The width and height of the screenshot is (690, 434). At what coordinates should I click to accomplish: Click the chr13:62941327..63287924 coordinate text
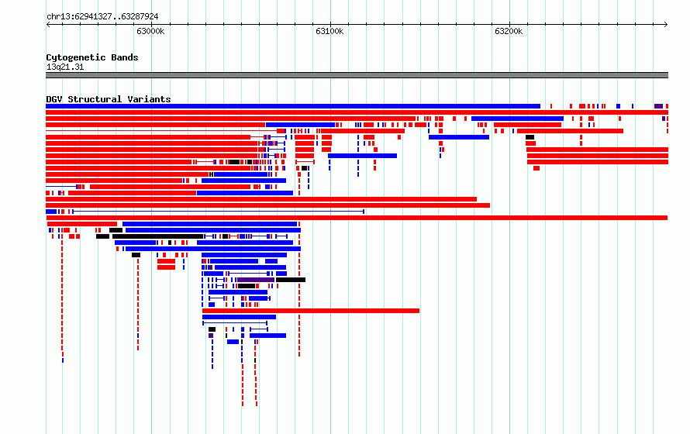[x=102, y=17]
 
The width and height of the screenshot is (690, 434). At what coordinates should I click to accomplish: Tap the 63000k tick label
[x=150, y=31]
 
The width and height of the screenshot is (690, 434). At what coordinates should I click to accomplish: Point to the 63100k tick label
[x=329, y=31]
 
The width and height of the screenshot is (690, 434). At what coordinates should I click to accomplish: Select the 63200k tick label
[x=509, y=31]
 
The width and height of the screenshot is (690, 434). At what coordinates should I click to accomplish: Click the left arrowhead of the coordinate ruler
[x=47, y=25]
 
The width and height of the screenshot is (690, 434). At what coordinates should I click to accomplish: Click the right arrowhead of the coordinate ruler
[x=666, y=25]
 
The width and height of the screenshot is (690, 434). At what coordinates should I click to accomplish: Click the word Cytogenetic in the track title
[x=76, y=57]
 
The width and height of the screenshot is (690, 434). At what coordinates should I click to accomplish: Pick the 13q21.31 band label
[x=65, y=67]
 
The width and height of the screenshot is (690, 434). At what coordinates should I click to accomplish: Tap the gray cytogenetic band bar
[x=357, y=75]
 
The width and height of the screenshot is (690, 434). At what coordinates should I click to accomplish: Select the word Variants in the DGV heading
[x=149, y=99]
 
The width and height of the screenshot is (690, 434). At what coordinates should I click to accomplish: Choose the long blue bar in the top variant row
[x=293, y=106]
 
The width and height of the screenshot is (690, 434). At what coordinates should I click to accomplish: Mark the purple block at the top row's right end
[x=658, y=106]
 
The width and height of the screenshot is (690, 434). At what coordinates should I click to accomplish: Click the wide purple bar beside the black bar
[x=256, y=280]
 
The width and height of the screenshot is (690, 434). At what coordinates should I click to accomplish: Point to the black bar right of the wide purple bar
[x=291, y=280]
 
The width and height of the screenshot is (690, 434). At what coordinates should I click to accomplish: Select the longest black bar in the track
[x=158, y=236]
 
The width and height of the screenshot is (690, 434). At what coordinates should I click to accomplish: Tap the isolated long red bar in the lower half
[x=311, y=311]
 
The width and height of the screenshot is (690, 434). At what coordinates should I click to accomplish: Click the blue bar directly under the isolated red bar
[x=239, y=317]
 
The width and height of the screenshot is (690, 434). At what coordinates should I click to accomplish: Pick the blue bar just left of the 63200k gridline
[x=459, y=137]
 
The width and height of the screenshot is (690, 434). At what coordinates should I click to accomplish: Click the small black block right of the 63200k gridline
[x=530, y=137]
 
